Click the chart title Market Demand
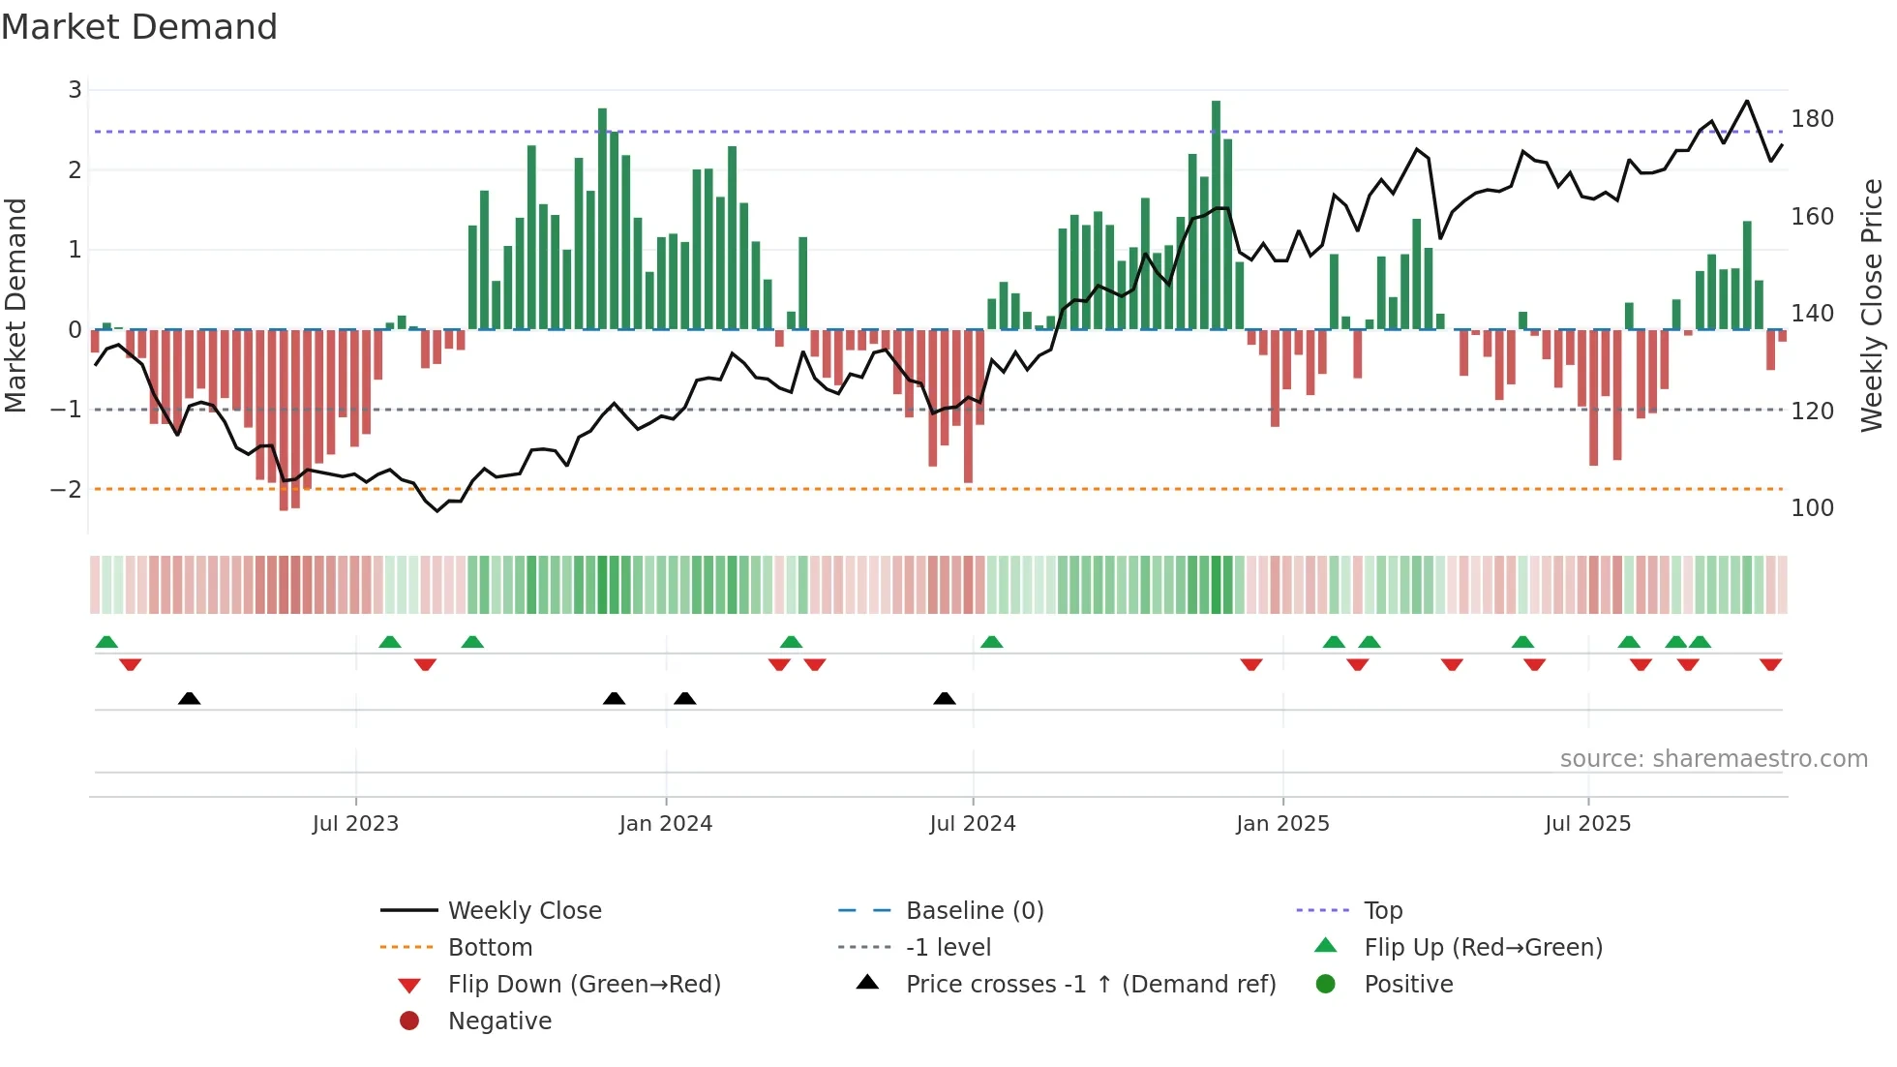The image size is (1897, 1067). click(x=139, y=27)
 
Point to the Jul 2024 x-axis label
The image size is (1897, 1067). click(x=972, y=824)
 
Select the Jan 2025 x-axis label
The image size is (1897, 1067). click(x=1282, y=824)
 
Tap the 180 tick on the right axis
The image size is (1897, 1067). click(x=1812, y=119)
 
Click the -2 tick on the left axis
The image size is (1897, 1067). click(x=66, y=490)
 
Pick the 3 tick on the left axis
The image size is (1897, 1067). click(x=75, y=90)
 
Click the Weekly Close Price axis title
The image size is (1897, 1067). click(x=1872, y=305)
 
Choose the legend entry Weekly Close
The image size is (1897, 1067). click(x=524, y=911)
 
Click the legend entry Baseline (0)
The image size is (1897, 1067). click(x=974, y=911)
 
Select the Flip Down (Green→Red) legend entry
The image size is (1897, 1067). click(x=584, y=985)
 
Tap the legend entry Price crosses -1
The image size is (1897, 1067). click(x=1090, y=985)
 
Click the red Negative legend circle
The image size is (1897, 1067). click(x=409, y=1021)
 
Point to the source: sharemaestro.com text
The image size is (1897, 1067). click(x=1713, y=759)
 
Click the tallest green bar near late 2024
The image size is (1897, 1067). click(x=1216, y=213)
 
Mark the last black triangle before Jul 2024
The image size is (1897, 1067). click(x=945, y=698)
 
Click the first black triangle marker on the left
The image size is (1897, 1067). click(x=190, y=698)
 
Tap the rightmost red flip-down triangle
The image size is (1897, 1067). click(x=1770, y=664)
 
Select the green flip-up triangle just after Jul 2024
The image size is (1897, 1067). click(x=991, y=642)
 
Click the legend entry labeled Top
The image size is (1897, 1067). click(x=1382, y=911)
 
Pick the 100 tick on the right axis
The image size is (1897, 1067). click(x=1812, y=508)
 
